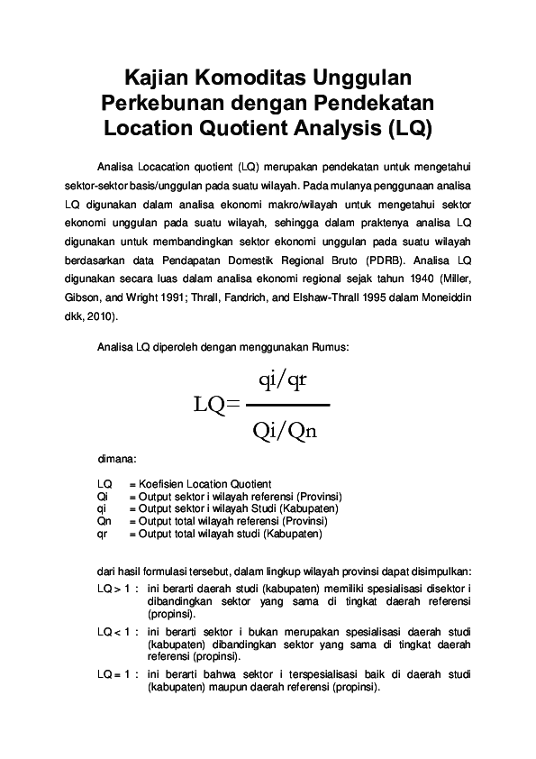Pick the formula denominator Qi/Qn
[x=285, y=431]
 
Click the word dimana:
[x=116, y=458]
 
